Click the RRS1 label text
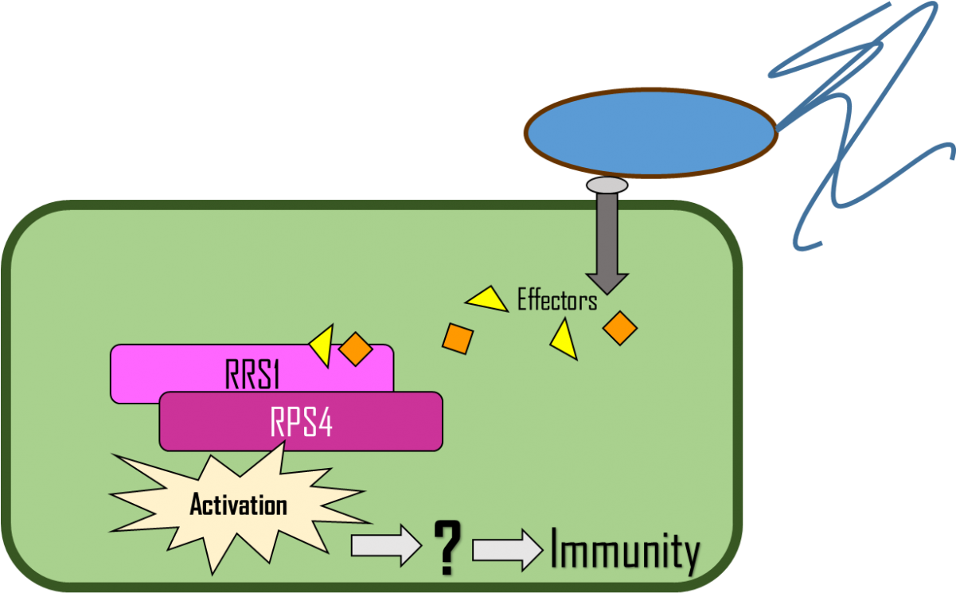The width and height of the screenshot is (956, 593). [252, 374]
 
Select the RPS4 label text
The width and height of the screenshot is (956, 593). [301, 423]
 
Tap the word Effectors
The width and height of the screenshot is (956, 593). [556, 301]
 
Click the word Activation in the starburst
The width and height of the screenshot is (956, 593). [238, 505]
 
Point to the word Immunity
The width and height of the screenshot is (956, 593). [626, 551]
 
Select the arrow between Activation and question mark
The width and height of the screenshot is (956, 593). [386, 544]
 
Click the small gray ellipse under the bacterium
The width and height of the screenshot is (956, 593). [607, 185]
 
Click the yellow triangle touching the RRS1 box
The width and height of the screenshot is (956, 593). [322, 345]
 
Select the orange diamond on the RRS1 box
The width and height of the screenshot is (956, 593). [356, 349]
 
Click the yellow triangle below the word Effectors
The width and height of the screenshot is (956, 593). [564, 341]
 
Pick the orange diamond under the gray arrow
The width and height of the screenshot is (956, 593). [619, 327]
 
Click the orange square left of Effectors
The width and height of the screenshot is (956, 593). [458, 338]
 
